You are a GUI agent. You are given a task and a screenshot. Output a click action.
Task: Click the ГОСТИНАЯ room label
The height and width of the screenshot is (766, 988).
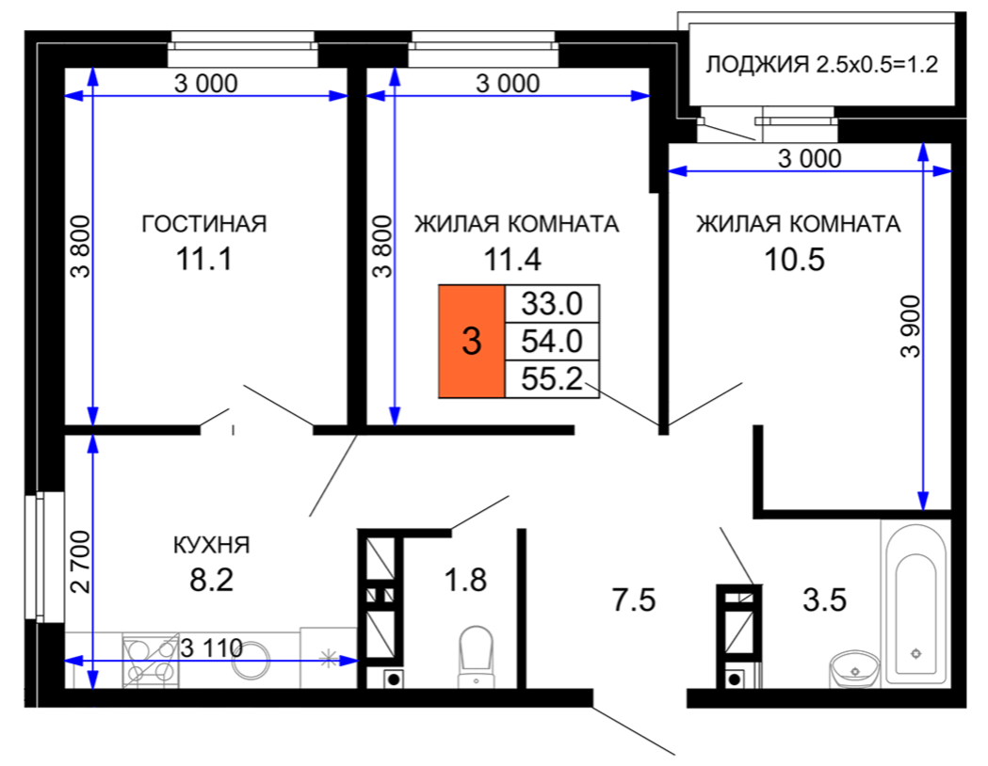(204, 224)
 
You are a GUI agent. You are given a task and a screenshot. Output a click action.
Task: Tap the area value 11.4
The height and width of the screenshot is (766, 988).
(512, 260)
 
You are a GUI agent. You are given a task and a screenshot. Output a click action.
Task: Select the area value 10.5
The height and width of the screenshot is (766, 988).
(794, 260)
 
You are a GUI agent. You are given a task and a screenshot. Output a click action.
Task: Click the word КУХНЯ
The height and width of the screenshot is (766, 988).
(212, 545)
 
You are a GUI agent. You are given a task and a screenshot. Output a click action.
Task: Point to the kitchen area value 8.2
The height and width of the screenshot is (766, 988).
(212, 580)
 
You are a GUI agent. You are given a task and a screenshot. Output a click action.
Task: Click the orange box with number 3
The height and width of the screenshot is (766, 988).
(472, 342)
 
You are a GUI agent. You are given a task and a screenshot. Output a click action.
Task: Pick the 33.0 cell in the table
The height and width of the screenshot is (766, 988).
(552, 304)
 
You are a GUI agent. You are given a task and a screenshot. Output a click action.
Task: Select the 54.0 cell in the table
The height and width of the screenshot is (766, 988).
(552, 342)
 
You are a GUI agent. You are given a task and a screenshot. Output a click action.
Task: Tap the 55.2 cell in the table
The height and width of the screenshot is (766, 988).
(552, 379)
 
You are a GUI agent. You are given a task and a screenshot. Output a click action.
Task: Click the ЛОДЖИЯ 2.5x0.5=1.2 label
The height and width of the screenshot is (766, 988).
(821, 64)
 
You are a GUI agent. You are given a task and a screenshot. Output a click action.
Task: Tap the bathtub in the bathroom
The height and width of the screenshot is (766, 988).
(916, 605)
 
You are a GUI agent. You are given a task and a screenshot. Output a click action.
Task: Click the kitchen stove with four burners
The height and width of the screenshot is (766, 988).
(151, 661)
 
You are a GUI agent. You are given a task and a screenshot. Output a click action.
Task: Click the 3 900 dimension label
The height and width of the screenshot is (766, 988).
(911, 327)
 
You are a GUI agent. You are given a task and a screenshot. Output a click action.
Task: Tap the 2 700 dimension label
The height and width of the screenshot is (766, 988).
(81, 562)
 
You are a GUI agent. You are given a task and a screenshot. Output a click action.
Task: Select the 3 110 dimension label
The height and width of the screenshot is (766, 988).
(212, 647)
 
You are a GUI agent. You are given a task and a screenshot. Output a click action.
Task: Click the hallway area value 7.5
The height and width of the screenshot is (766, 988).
(634, 599)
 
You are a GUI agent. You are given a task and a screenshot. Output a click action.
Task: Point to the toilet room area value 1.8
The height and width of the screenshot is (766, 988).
(465, 581)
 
